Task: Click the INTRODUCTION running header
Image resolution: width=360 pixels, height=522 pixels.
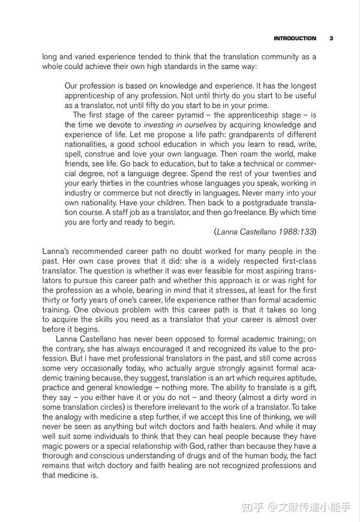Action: pyautogui.click(x=295, y=38)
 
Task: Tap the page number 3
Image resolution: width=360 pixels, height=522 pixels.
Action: pyautogui.click(x=331, y=38)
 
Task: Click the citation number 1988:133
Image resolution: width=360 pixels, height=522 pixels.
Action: pyautogui.click(x=295, y=232)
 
